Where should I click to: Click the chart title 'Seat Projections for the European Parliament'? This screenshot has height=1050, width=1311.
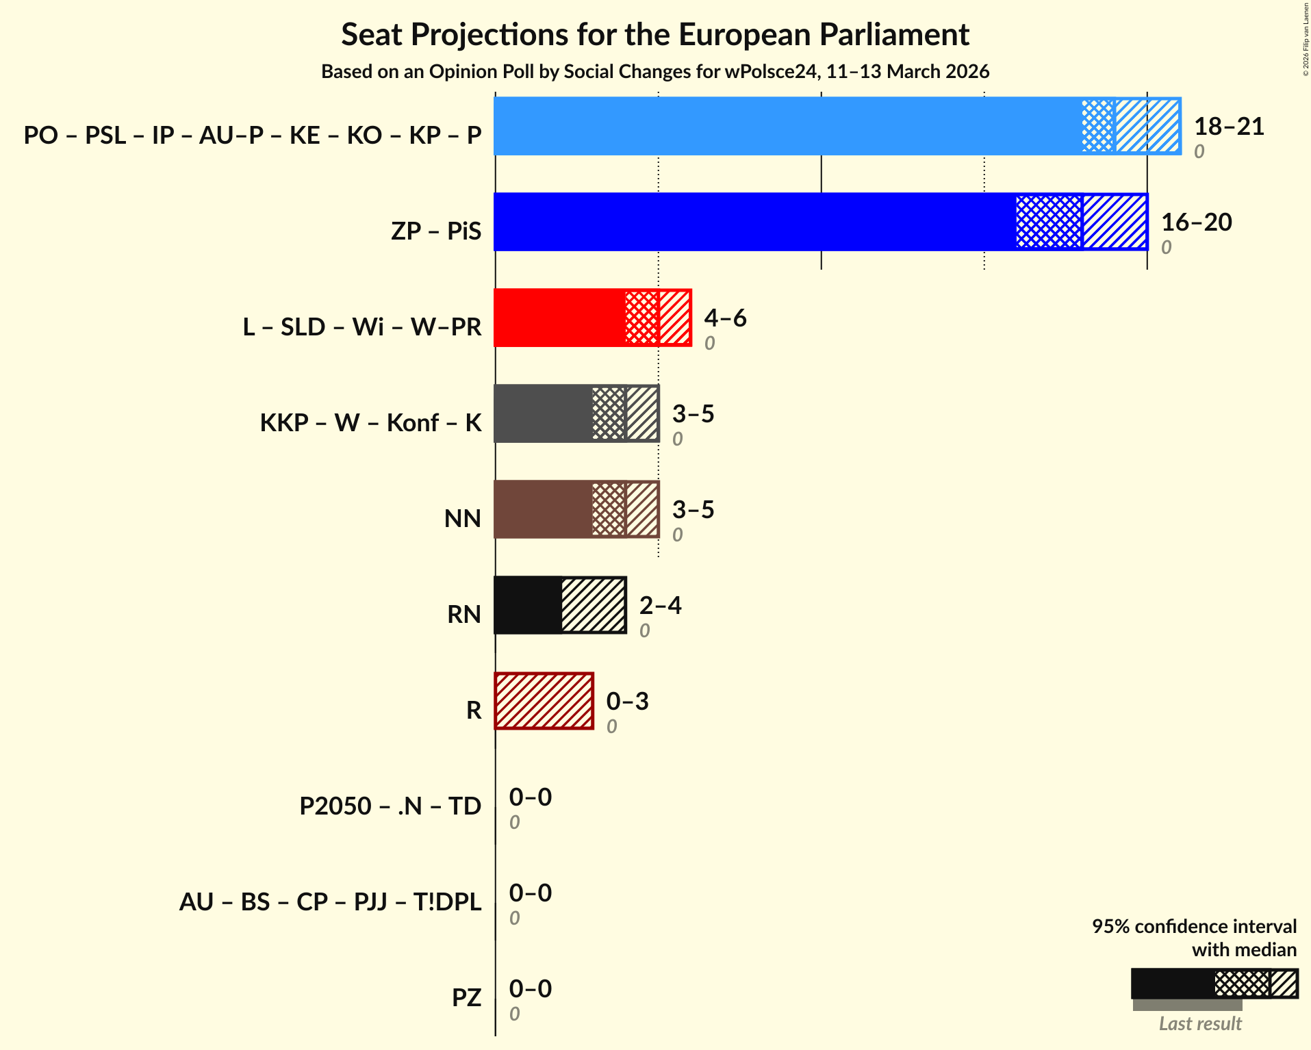pos(655,34)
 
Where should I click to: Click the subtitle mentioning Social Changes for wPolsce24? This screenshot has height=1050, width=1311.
pos(655,72)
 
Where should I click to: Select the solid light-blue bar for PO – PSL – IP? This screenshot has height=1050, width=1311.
pos(787,126)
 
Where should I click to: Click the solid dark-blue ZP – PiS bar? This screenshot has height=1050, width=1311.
pos(753,222)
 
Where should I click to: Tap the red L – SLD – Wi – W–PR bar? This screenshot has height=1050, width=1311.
pos(559,318)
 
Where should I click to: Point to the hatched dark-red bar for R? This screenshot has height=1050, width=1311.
pos(544,701)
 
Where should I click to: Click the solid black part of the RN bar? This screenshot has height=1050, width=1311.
pos(527,605)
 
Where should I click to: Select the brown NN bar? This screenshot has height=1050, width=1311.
pos(542,509)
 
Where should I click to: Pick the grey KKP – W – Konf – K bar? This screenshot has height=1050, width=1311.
pos(542,413)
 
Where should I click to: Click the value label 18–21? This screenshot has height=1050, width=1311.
pos(1229,127)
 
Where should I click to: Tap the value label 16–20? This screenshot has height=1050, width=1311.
pos(1196,222)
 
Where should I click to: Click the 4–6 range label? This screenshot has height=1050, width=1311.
pos(725,318)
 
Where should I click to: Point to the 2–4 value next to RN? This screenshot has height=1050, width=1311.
pos(660,606)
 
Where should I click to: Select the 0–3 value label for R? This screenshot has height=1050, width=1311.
pos(627,702)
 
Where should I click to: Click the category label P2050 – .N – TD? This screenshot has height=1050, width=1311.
pos(390,806)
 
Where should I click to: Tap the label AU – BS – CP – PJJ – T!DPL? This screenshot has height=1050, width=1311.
pos(330,901)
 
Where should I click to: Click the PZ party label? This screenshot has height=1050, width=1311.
pos(466,997)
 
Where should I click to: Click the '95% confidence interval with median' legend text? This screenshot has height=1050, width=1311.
pos(1194,938)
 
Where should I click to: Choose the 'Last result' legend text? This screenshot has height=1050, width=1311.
pos(1199,1023)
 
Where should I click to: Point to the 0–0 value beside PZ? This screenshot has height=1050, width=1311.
pos(530,989)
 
